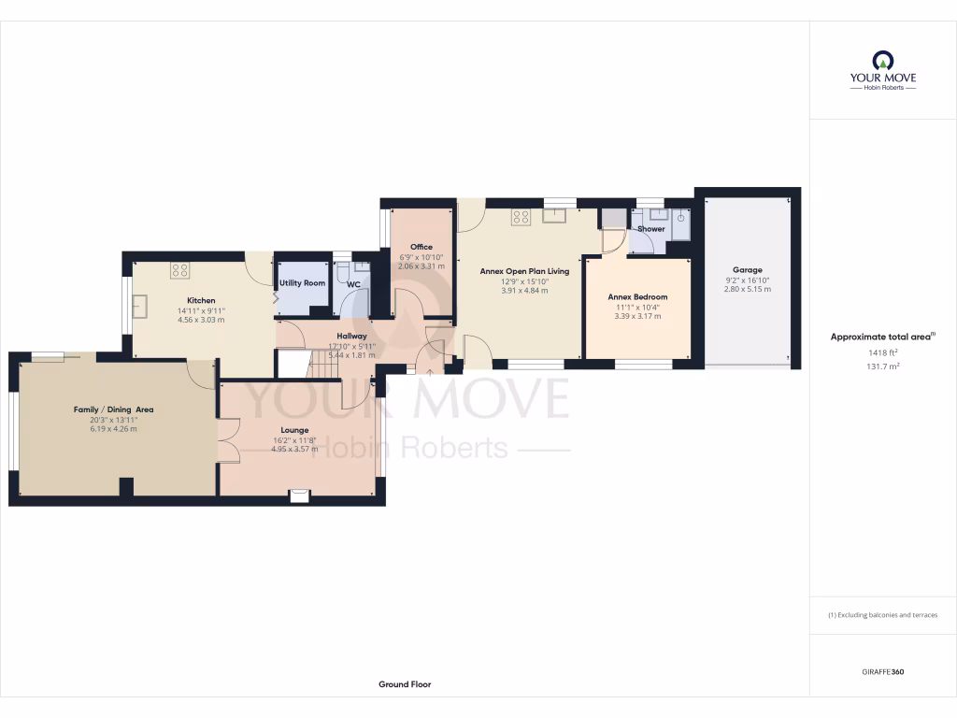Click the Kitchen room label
click(200, 301)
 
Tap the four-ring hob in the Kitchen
click(179, 270)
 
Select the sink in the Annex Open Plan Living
click(553, 217)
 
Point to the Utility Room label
click(302, 282)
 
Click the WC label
click(353, 284)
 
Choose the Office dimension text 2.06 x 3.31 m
click(421, 266)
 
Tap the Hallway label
click(351, 336)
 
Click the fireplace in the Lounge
click(299, 495)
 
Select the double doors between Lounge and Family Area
click(228, 439)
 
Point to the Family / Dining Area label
click(114, 409)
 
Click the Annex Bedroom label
click(637, 297)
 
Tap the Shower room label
click(651, 229)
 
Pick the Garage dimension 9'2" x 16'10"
click(748, 280)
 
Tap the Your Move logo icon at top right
click(882, 60)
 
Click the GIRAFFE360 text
click(882, 672)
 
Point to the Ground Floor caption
click(405, 684)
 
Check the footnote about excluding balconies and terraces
click(882, 615)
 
